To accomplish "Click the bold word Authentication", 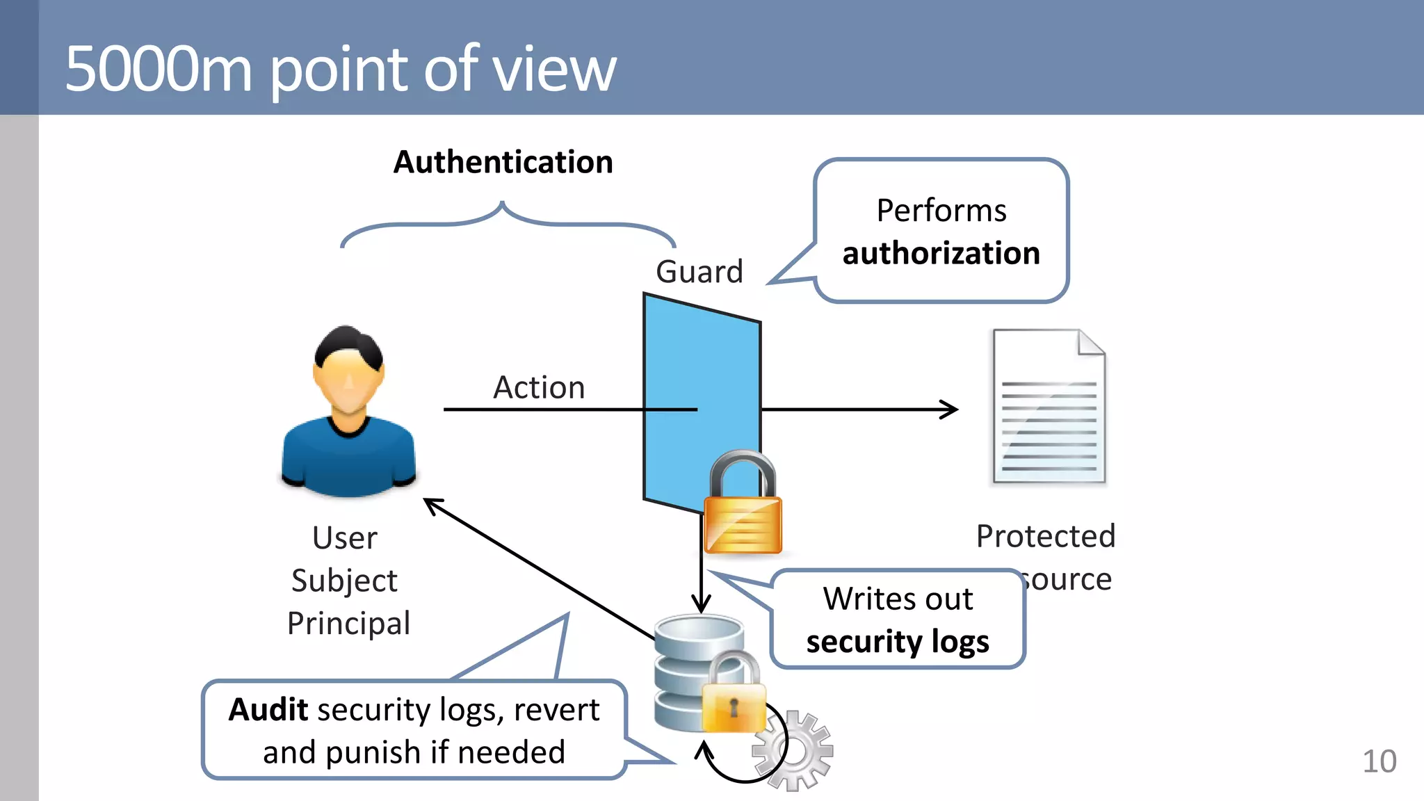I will click(x=503, y=162).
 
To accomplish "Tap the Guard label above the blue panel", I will click(x=699, y=271).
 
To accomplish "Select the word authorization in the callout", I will click(x=941, y=253).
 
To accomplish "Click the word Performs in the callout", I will click(x=941, y=210).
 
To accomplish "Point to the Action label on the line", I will click(x=539, y=387).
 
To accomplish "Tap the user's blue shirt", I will click(x=348, y=459).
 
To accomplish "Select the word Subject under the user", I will click(x=344, y=581).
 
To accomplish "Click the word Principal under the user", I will click(x=348, y=623).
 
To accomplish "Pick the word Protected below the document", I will click(x=1045, y=536).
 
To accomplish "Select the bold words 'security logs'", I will click(x=897, y=641).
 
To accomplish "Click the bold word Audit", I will click(x=268, y=710).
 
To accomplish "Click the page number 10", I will click(x=1379, y=761).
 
